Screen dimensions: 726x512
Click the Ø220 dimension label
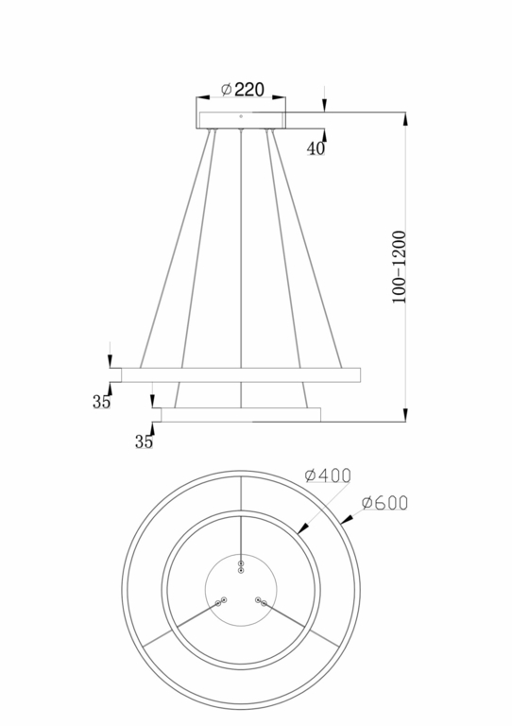click(242, 89)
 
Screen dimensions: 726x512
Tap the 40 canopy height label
click(316, 148)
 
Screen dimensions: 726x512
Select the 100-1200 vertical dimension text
click(400, 266)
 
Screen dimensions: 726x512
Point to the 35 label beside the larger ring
click(101, 402)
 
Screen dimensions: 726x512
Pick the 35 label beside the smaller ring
click(144, 441)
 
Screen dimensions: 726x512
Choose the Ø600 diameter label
click(384, 503)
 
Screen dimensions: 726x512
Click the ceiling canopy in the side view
click(241, 120)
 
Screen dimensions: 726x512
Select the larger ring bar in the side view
click(241, 375)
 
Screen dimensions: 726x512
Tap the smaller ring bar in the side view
click(241, 414)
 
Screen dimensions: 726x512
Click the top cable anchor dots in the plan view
click(241, 566)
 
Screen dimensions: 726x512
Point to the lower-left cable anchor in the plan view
click(221, 601)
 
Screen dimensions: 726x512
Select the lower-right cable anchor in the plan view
click(261, 601)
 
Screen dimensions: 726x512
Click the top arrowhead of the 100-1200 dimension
click(406, 118)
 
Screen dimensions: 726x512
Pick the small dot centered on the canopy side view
click(241, 117)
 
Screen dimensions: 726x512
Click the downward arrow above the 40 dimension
click(324, 106)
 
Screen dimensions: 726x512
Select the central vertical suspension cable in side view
click(241, 246)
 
